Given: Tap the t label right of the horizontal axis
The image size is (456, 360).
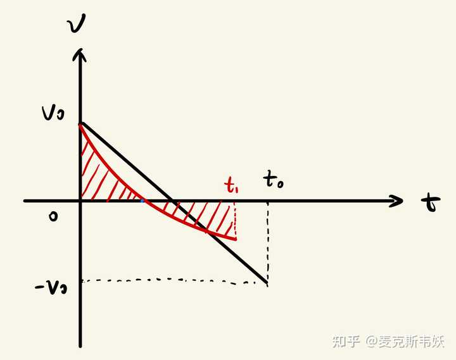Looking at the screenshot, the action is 431,203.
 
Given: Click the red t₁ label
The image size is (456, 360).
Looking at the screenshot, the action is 232,184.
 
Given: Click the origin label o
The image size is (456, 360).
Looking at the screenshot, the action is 53,217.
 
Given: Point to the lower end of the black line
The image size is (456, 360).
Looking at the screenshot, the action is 267,285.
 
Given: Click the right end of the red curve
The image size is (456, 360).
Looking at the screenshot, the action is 236,239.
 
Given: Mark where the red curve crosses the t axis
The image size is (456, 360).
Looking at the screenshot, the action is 144,201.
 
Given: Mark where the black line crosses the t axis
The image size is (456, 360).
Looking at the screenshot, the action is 175,201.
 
